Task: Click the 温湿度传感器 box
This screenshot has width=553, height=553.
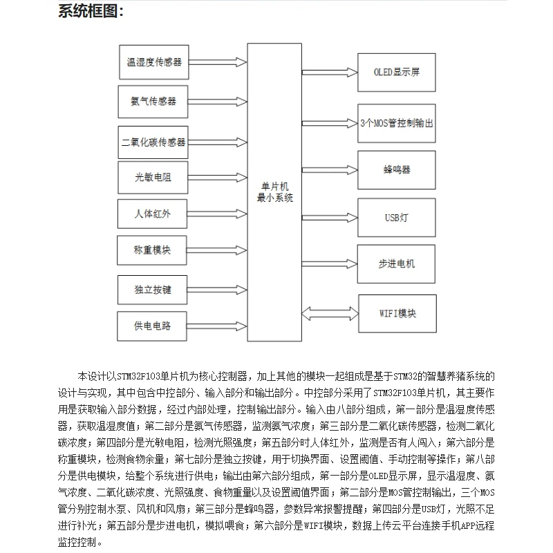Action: [x=153, y=62]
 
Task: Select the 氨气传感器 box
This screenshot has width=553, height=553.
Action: [x=153, y=101]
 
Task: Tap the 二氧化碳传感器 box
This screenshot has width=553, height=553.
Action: [x=153, y=142]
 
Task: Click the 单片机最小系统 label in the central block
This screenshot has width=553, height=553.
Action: [x=275, y=191]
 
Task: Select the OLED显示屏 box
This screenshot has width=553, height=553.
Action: [x=396, y=72]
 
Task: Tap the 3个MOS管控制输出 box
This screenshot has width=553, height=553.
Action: [x=397, y=123]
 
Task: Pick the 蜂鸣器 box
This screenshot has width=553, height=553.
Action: [x=397, y=169]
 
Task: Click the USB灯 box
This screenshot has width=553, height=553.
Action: [x=397, y=217]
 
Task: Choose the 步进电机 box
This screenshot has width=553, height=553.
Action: [x=397, y=263]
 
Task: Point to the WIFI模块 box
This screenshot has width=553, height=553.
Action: [x=397, y=313]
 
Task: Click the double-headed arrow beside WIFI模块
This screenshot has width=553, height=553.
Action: [x=330, y=313]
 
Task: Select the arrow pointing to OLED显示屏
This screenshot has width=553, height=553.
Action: [x=330, y=72]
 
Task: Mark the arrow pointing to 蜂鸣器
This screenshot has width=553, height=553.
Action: [x=330, y=169]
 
